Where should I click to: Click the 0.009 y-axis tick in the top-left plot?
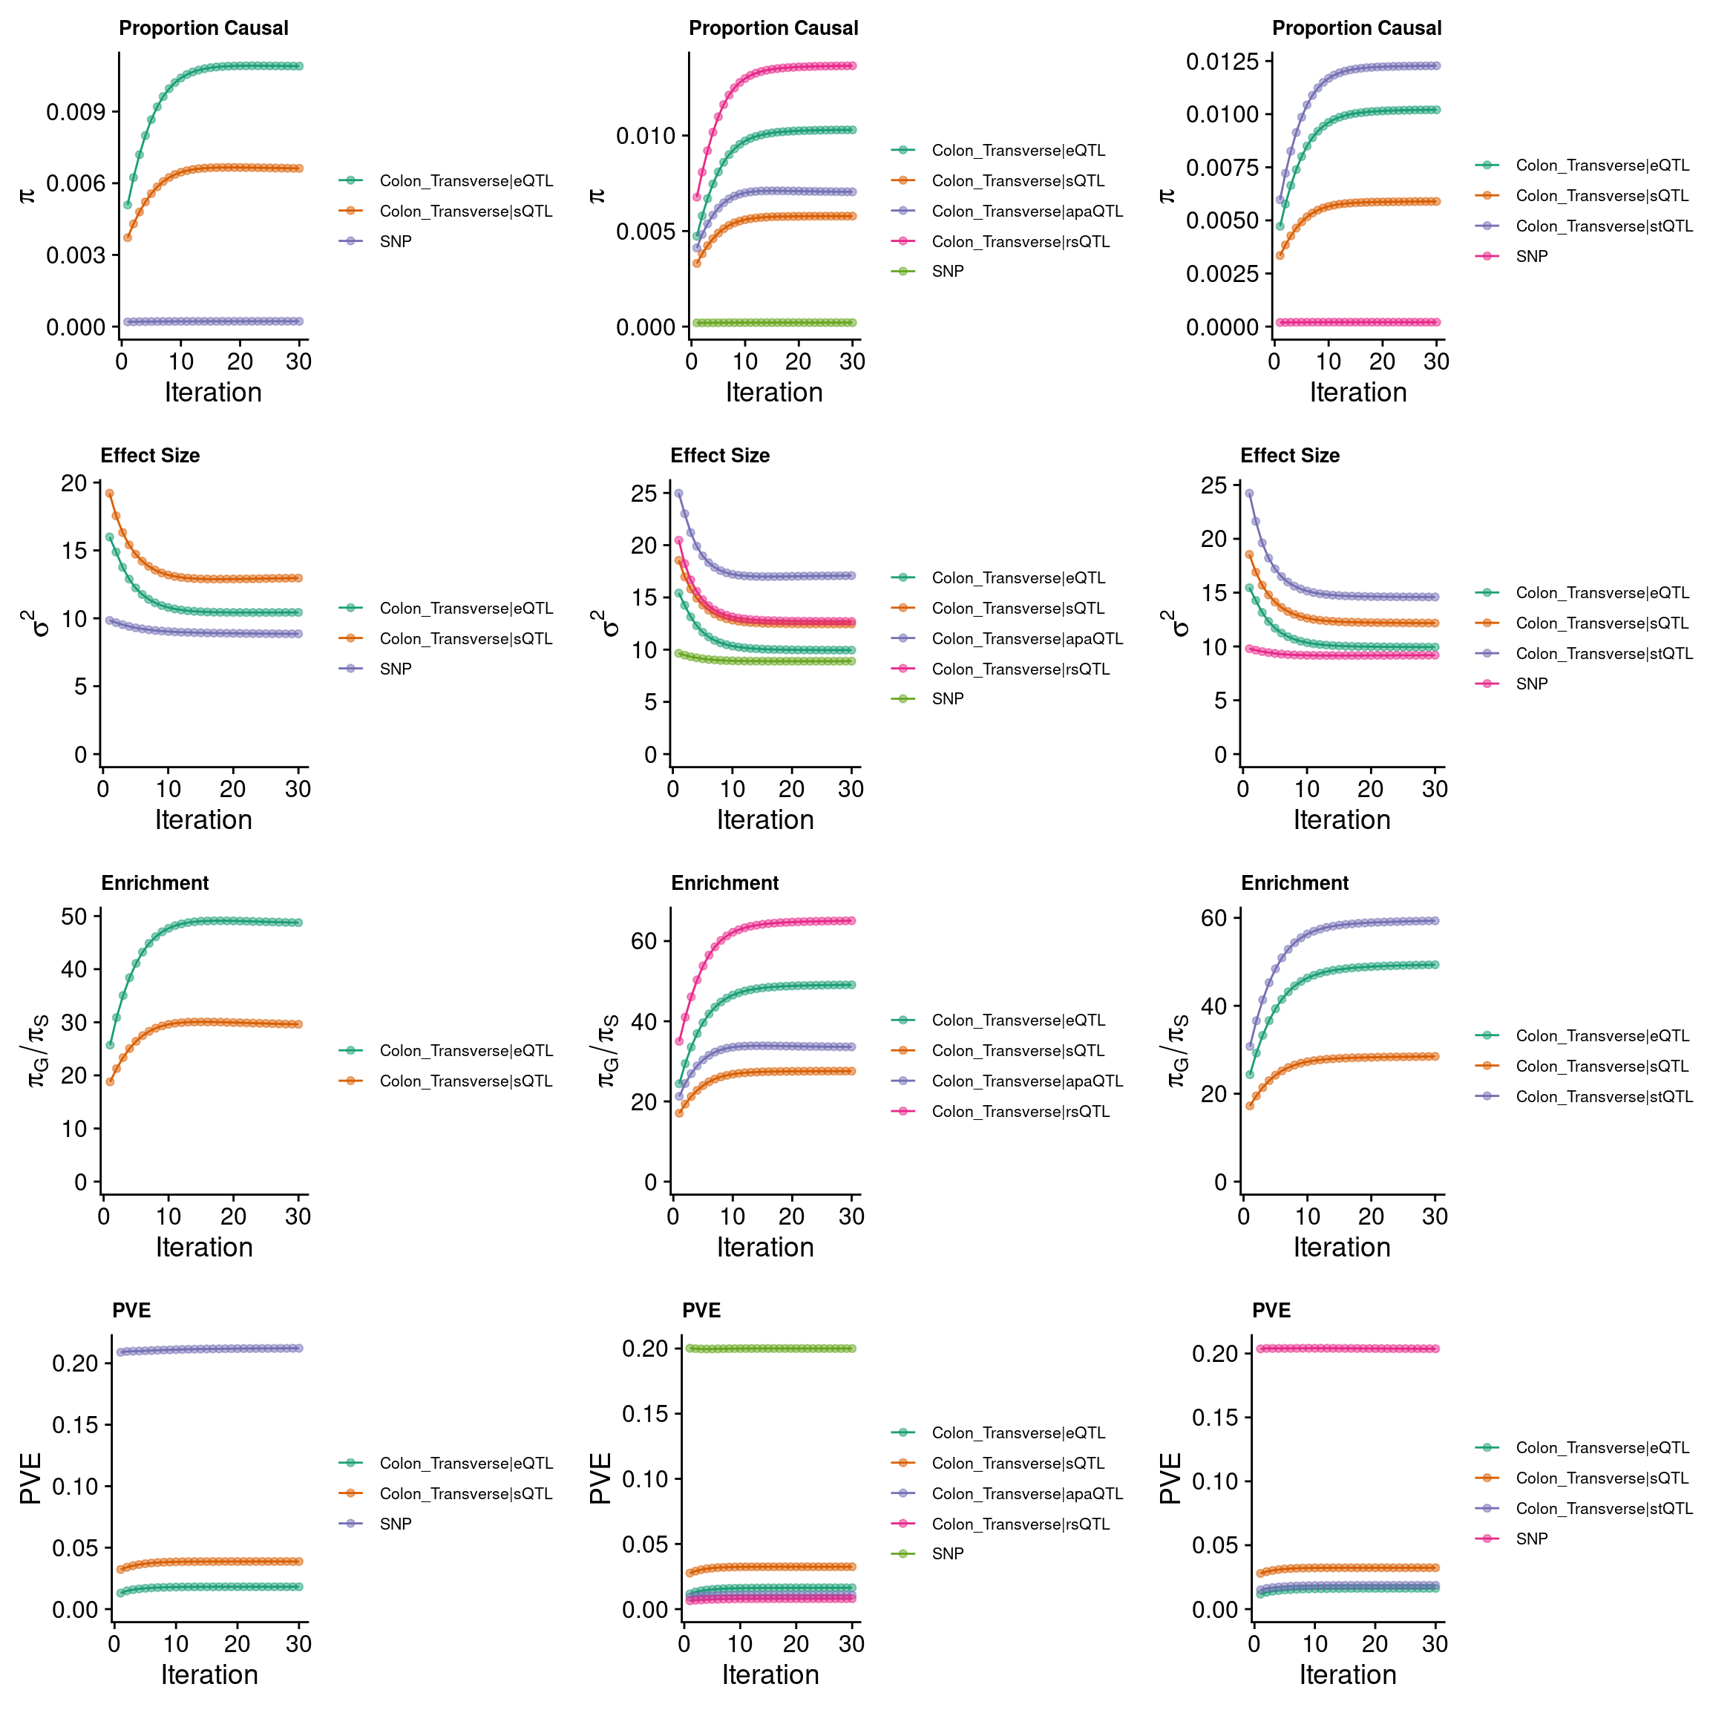75,111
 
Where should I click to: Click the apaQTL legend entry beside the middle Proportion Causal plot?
1026,212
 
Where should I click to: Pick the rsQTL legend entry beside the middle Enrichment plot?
1020,1112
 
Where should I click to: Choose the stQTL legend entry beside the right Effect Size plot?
1604,654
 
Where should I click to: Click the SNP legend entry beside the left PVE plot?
396,1524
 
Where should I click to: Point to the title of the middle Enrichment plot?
724,883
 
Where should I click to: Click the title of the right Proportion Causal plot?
1356,28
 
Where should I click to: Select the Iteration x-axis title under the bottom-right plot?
1347,1674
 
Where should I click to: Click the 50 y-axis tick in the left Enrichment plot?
74,916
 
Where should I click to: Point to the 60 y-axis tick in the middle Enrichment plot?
644,941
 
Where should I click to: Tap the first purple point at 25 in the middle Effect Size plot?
678,493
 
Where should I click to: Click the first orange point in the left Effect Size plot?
109,493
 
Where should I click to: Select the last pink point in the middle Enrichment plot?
851,920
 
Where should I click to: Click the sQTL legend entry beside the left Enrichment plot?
465,1081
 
